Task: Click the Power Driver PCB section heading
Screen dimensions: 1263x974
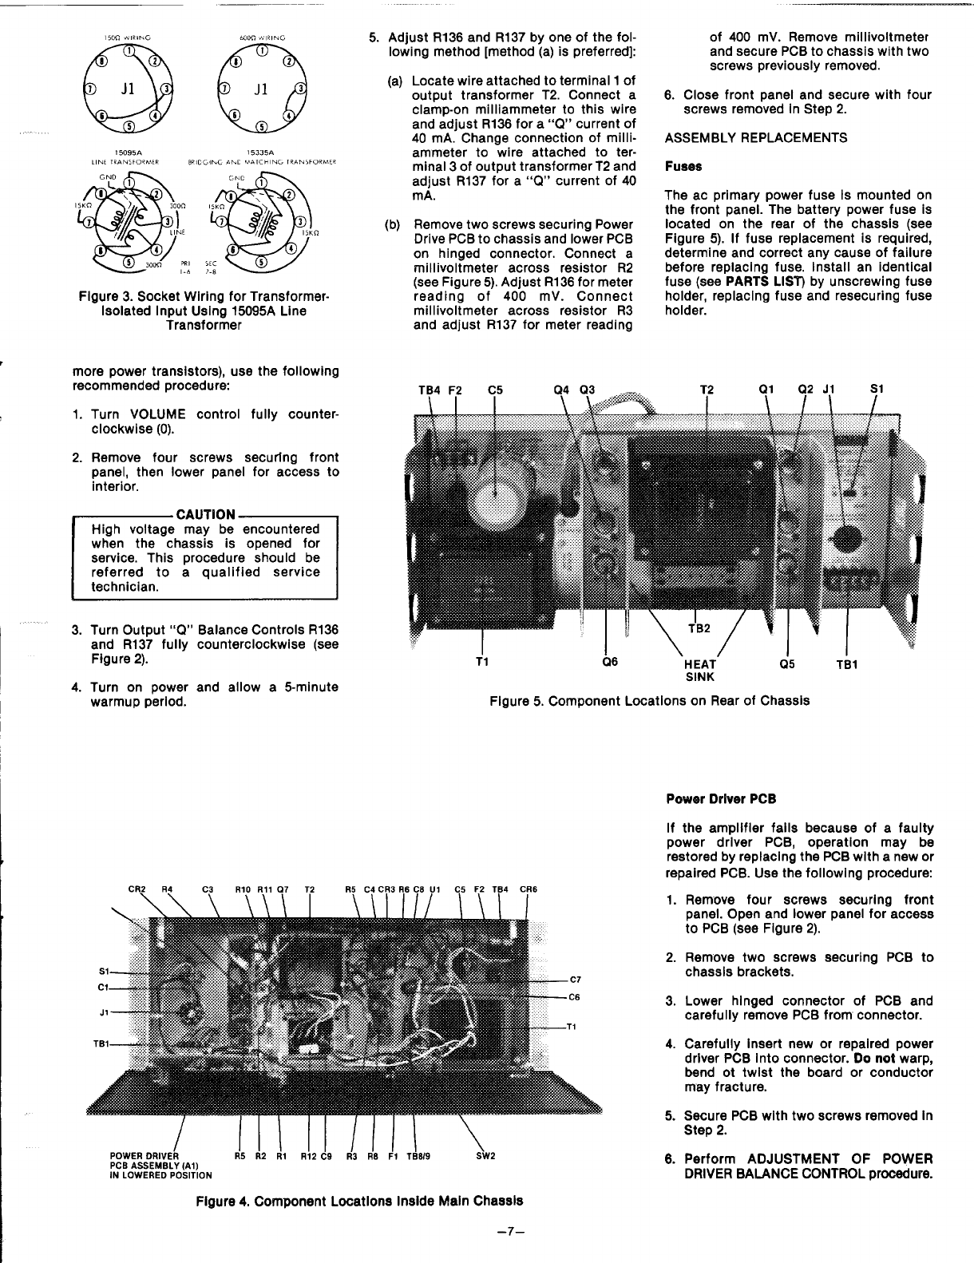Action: point(720,799)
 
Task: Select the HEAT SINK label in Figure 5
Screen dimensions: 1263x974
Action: point(699,671)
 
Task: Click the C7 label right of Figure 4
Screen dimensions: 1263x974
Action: point(576,980)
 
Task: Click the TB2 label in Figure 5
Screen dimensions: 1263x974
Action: point(699,628)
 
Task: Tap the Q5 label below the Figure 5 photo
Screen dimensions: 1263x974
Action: point(789,663)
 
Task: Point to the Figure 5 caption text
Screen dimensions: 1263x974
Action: point(649,700)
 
